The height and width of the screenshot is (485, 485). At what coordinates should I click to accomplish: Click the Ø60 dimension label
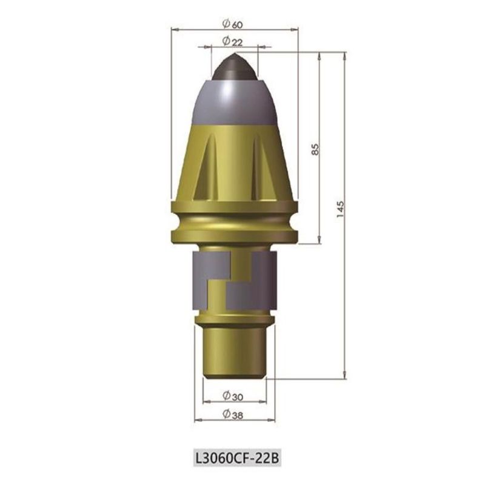tap(232, 24)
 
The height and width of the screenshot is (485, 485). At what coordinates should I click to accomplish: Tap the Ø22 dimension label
tap(232, 41)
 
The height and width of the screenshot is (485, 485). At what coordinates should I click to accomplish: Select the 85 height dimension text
tap(315, 149)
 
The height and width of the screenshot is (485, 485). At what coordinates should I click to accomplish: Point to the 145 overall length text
tap(340, 209)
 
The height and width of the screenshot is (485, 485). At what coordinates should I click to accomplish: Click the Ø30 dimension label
tap(233, 396)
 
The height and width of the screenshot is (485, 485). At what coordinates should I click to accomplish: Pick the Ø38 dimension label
tap(233, 414)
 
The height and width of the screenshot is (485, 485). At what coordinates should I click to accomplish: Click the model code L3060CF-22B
tap(237, 458)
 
